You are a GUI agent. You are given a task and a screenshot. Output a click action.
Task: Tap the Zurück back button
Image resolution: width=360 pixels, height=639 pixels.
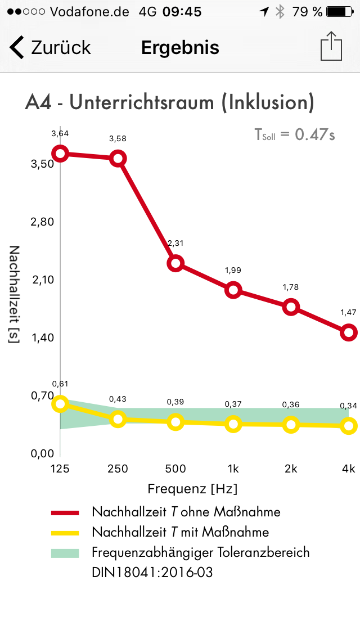click(x=51, y=48)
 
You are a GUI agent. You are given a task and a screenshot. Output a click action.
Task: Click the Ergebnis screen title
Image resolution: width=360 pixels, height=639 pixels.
click(x=180, y=48)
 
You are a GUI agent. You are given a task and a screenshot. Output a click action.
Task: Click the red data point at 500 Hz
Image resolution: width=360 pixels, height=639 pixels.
click(x=175, y=263)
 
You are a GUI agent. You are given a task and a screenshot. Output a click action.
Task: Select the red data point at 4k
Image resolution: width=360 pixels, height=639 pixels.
click(x=349, y=332)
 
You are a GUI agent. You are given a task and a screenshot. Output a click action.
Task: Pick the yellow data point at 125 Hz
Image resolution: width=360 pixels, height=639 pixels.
click(x=60, y=404)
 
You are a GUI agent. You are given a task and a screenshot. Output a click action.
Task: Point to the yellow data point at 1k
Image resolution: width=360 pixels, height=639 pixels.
click(x=233, y=424)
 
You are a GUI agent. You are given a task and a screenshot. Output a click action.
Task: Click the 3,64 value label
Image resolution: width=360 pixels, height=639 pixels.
click(x=60, y=133)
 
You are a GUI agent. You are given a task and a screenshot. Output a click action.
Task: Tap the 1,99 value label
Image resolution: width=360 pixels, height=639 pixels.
click(x=233, y=270)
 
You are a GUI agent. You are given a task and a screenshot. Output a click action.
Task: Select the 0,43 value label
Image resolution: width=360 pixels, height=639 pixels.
click(x=118, y=399)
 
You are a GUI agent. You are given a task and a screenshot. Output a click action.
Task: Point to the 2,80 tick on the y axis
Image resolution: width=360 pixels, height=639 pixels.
click(x=42, y=222)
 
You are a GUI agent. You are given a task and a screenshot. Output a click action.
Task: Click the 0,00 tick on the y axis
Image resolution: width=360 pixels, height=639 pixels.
click(x=42, y=453)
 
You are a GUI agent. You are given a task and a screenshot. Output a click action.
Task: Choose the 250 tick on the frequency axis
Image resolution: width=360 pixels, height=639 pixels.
click(x=118, y=469)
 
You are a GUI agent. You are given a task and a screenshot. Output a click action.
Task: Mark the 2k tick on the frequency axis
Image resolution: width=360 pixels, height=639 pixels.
click(x=291, y=469)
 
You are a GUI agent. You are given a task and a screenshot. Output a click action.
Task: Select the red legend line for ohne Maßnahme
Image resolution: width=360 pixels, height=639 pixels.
click(x=67, y=512)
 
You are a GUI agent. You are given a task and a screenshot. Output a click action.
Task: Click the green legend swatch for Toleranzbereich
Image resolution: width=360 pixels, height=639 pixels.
click(x=67, y=552)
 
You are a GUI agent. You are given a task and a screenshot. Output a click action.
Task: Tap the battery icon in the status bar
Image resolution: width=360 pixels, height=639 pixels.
click(x=339, y=12)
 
